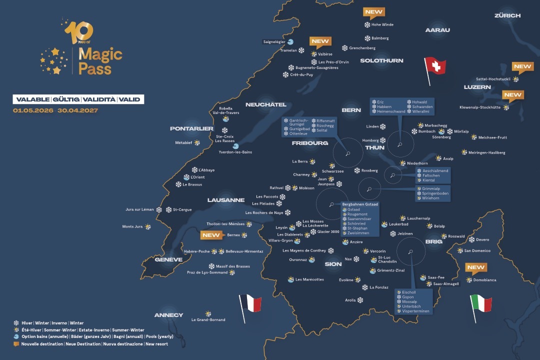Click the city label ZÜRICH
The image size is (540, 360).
click(x=507, y=15)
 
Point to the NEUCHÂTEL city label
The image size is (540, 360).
click(x=266, y=104)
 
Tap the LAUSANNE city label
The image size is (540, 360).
click(x=226, y=200)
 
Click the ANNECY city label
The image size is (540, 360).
click(x=168, y=315)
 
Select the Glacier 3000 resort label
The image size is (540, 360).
click(x=328, y=231)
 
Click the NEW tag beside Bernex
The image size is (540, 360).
click(x=210, y=234)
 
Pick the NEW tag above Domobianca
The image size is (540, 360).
click(x=476, y=267)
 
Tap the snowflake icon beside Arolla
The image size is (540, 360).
click(x=360, y=300)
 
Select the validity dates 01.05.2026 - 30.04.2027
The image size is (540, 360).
click(x=55, y=110)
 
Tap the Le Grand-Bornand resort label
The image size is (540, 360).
click(x=208, y=319)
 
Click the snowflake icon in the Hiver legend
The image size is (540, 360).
click(x=16, y=323)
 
